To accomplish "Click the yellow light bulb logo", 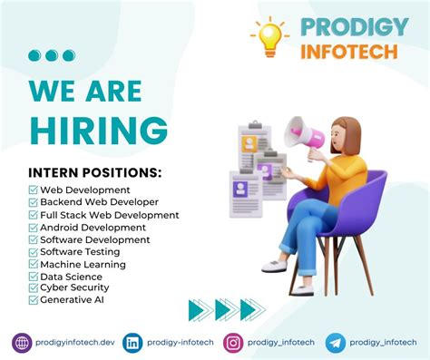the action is click(x=269, y=37).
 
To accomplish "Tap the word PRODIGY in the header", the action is click(x=355, y=26).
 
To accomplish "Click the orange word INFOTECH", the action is click(x=349, y=52).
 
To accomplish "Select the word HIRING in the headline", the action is click(x=99, y=130).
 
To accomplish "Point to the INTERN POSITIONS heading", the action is click(x=95, y=172).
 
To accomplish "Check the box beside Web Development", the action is click(x=34, y=190).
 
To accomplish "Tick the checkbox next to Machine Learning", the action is click(x=34, y=264).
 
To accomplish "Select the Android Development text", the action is click(x=93, y=228).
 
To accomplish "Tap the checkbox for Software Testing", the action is click(x=34, y=252).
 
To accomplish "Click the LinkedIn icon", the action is click(x=132, y=343).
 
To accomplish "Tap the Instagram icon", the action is click(x=233, y=343).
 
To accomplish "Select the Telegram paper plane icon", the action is click(x=336, y=343).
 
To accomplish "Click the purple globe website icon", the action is click(x=22, y=343).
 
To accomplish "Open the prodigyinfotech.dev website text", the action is click(x=75, y=343).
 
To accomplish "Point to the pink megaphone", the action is click(x=303, y=135).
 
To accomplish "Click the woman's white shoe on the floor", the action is click(x=275, y=266).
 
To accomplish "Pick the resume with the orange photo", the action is click(x=255, y=147).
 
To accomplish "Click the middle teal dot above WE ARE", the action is click(x=52, y=55).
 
